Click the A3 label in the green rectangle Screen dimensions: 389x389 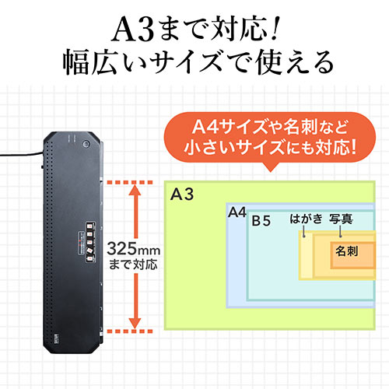point(182,194)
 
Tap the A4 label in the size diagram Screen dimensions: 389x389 point(237,212)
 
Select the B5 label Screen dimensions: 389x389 point(261,221)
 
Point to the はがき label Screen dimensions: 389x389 point(306,219)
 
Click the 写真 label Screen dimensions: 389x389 point(341,219)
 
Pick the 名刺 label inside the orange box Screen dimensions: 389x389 point(347,251)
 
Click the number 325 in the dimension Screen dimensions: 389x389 point(121,249)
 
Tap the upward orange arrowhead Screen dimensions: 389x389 point(135,190)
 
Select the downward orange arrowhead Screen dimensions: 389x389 point(135,323)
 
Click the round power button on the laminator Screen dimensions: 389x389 point(86,144)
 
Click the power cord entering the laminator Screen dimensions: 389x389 point(21,154)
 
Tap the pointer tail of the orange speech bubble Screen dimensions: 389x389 point(270,167)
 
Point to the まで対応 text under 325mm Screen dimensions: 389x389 point(133,265)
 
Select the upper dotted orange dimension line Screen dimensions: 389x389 point(130,182)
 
